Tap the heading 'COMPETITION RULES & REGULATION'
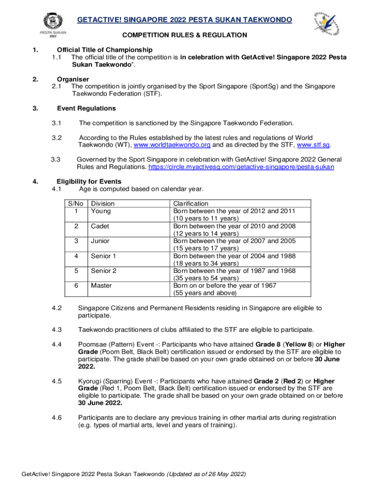pos(184,35)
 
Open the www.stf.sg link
pos(313,145)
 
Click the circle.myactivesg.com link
pos(241,167)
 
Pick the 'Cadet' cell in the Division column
pos(100,226)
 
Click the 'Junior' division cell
pos(100,241)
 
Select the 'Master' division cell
pos(101,286)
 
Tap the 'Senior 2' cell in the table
pos(104,271)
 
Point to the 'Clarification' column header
pos(191,204)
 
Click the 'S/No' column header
pos(76,204)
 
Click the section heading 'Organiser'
pos(73,79)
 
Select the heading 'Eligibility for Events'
pos(89,181)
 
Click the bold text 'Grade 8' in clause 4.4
pos(267,345)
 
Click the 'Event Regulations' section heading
pos(86,108)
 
